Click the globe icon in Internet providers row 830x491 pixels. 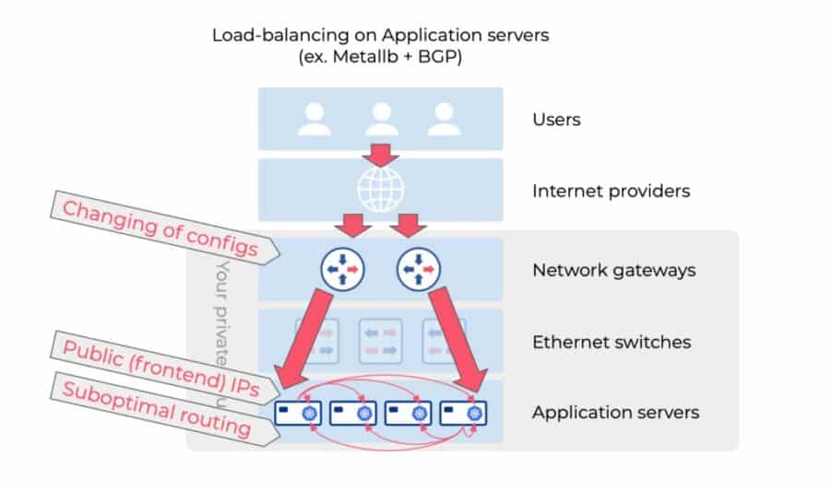click(380, 189)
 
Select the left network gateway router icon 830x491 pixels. click(343, 269)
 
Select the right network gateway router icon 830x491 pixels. click(419, 269)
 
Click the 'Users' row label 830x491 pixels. click(556, 120)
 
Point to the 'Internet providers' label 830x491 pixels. click(611, 192)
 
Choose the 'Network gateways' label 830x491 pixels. click(613, 270)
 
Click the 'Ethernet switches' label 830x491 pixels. click(611, 342)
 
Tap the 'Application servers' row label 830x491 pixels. click(615, 412)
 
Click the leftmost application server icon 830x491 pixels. click(299, 412)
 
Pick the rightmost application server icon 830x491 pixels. click(463, 412)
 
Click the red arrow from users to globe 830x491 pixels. click(380, 152)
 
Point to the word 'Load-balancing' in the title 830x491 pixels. click(266, 35)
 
